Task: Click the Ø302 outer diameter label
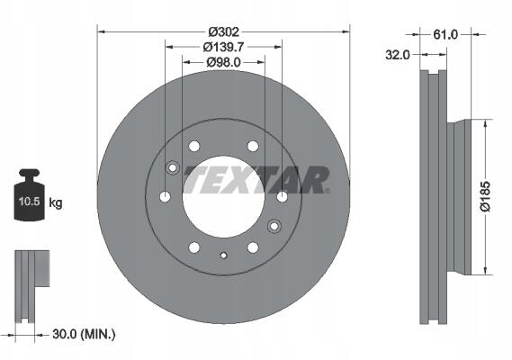(x=224, y=32)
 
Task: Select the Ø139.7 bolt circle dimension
(x=223, y=47)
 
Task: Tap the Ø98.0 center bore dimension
(x=223, y=62)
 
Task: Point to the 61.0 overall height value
(x=445, y=34)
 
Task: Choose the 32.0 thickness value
(x=398, y=55)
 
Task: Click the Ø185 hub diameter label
(x=486, y=196)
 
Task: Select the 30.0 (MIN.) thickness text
(x=84, y=334)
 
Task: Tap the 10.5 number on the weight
(x=29, y=202)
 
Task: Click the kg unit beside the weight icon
(x=56, y=203)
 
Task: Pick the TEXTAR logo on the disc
(x=256, y=180)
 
